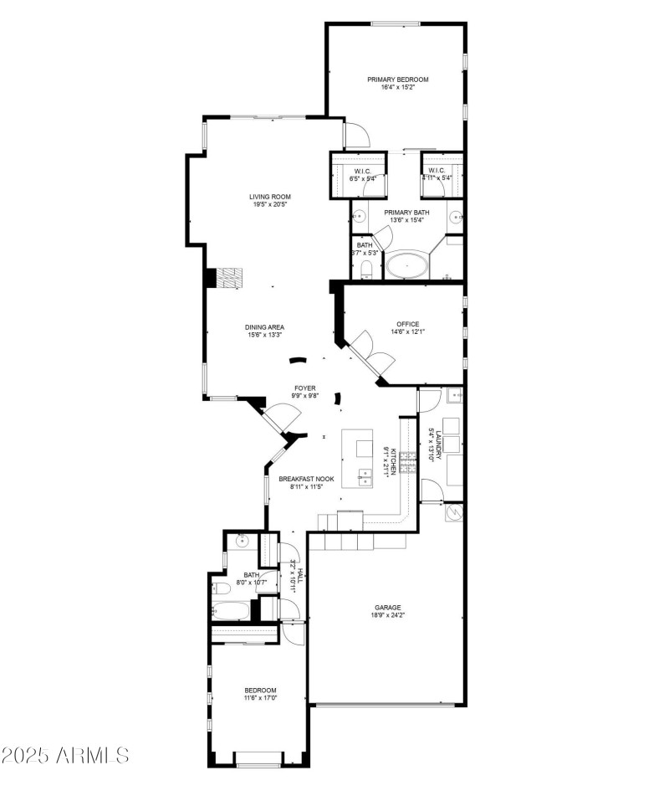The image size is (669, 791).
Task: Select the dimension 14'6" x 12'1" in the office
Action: coord(408,332)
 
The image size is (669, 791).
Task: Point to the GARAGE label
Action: coord(388,608)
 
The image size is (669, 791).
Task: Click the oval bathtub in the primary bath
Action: coord(407,266)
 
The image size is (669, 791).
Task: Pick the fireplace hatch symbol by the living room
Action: coord(230,278)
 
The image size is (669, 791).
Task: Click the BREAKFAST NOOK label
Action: coord(307,479)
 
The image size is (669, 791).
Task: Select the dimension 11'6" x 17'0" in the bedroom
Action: coord(260,697)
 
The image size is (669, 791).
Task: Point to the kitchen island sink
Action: coord(365,478)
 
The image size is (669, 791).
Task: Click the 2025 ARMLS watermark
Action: coord(65,755)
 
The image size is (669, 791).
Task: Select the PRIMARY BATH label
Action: coord(406,212)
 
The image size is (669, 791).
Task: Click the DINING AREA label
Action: coord(264,327)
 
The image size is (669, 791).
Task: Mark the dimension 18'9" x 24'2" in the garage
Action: coord(388,616)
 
